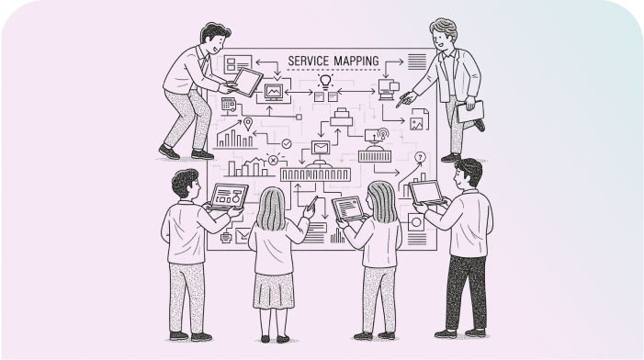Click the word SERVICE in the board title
[309, 60]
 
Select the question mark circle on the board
[421, 157]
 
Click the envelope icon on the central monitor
[320, 149]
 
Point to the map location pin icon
[247, 123]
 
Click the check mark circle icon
[287, 143]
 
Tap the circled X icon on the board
[273, 160]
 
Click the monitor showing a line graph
[274, 93]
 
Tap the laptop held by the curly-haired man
[229, 196]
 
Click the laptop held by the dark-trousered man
[427, 192]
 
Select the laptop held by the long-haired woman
[348, 208]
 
